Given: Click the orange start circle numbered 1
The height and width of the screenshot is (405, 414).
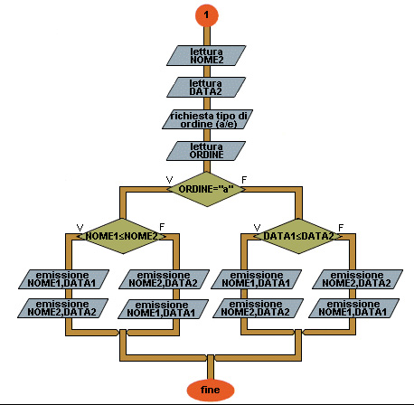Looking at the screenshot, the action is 206,15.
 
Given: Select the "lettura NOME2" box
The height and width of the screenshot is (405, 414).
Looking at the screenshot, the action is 206,55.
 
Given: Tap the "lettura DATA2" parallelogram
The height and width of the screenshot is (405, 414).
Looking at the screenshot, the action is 206,88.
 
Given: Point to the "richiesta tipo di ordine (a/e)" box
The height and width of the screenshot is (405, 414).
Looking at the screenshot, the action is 208,119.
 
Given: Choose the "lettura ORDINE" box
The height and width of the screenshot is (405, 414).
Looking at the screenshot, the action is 206,151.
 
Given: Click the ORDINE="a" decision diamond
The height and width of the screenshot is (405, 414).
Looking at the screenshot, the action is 206,189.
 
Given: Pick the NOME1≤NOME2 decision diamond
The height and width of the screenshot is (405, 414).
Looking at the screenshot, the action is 122,236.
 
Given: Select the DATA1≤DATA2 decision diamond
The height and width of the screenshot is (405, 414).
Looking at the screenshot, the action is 298,236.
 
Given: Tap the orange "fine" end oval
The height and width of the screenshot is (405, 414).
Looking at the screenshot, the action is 211,390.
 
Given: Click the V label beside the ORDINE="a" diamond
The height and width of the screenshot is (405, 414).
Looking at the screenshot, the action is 169,180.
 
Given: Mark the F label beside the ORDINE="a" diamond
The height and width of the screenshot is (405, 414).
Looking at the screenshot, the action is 244,180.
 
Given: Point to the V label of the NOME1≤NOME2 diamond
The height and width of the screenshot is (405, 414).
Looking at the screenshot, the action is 80,227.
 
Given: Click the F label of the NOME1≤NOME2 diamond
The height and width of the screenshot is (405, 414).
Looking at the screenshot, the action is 162,227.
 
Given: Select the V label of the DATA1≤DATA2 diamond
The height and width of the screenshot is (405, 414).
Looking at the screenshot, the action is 257,227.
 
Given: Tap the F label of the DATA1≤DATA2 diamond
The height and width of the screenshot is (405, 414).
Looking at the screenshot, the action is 341,227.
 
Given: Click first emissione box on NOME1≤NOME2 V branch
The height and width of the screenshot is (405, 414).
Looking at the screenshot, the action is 63,279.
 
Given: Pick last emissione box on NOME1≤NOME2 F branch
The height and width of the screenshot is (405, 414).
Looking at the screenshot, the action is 163,309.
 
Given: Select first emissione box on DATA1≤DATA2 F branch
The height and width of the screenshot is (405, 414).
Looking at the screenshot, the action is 357,279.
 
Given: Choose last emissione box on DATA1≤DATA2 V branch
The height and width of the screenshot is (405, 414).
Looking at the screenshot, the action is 258,308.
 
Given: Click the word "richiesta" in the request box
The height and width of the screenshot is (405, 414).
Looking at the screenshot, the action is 192,116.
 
